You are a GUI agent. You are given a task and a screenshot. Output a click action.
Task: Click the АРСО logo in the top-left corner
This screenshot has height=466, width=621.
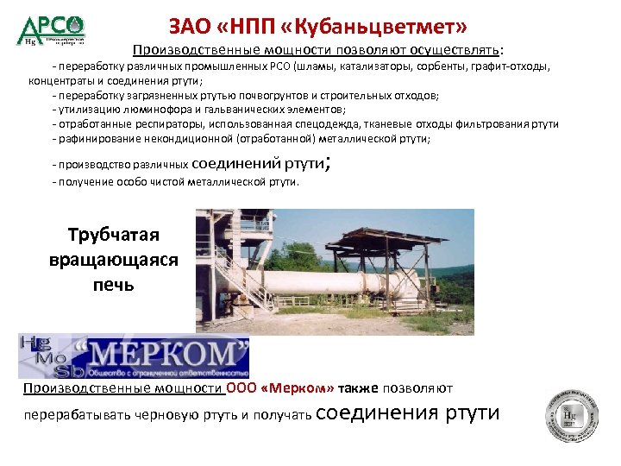pos(51,28)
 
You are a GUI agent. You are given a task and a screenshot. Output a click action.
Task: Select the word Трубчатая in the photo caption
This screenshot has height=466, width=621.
pos(114,235)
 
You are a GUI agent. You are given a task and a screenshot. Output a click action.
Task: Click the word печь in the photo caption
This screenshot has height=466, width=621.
pos(114,282)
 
